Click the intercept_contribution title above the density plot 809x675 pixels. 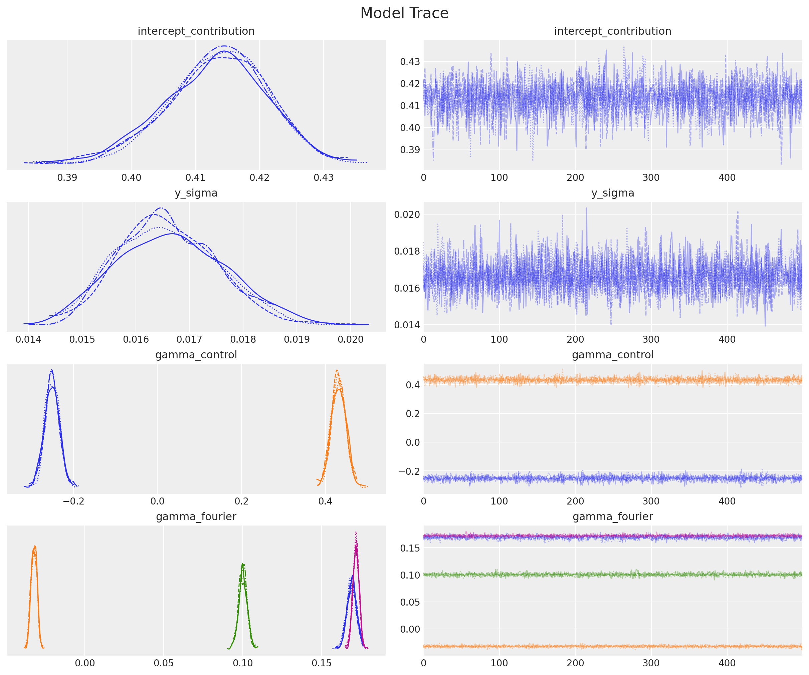point(196,31)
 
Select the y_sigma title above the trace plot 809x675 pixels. point(613,193)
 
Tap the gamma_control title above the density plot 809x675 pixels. point(196,355)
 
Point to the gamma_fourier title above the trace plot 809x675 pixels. point(613,517)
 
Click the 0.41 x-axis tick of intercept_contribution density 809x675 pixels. point(195,178)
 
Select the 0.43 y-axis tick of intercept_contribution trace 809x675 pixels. point(410,62)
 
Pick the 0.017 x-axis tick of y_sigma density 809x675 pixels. point(189,339)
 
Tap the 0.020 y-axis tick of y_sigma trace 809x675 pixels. point(407,214)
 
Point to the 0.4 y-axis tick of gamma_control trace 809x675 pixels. point(413,385)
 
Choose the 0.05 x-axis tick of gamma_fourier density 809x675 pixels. point(164,663)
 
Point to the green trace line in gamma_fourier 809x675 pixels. point(613,575)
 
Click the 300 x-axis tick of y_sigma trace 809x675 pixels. point(651,339)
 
